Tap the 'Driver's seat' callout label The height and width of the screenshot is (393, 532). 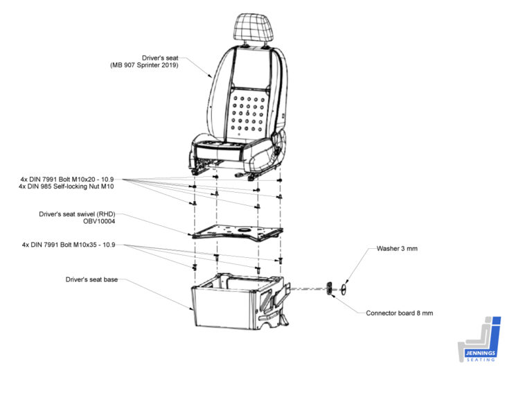tap(160, 58)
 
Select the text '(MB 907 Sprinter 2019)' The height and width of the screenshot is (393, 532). tap(144, 65)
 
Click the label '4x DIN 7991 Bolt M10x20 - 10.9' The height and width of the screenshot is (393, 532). tap(67, 180)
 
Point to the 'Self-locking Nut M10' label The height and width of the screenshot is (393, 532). tap(83, 186)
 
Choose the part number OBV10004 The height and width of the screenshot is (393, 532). tap(99, 221)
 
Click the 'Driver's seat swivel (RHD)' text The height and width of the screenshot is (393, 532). tap(77, 214)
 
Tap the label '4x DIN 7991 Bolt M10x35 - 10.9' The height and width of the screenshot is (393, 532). tap(69, 245)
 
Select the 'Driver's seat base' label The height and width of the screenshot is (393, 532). tap(91, 279)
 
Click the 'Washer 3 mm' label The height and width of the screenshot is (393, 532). tap(397, 248)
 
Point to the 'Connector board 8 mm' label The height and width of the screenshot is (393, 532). tap(399, 313)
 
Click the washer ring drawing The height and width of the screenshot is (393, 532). tap(344, 289)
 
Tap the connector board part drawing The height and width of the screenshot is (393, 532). tap(330, 289)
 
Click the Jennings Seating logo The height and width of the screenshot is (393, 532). tap(479, 340)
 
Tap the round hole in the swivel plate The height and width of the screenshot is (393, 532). tap(244, 230)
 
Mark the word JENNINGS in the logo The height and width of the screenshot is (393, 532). tap(480, 353)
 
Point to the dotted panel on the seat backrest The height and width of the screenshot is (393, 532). tap(248, 114)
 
